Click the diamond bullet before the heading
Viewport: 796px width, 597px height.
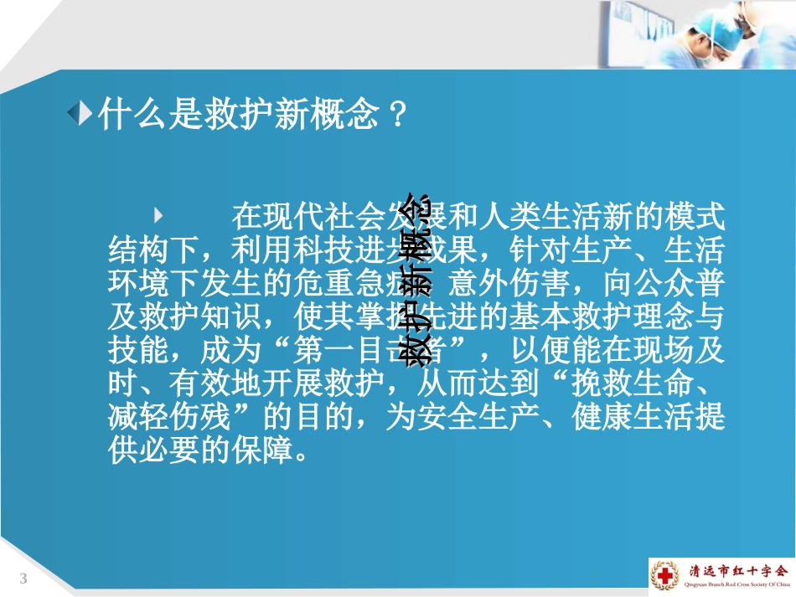[x=80, y=114]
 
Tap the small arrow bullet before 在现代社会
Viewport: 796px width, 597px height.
[x=159, y=214]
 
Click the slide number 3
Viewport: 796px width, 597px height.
[x=23, y=579]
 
